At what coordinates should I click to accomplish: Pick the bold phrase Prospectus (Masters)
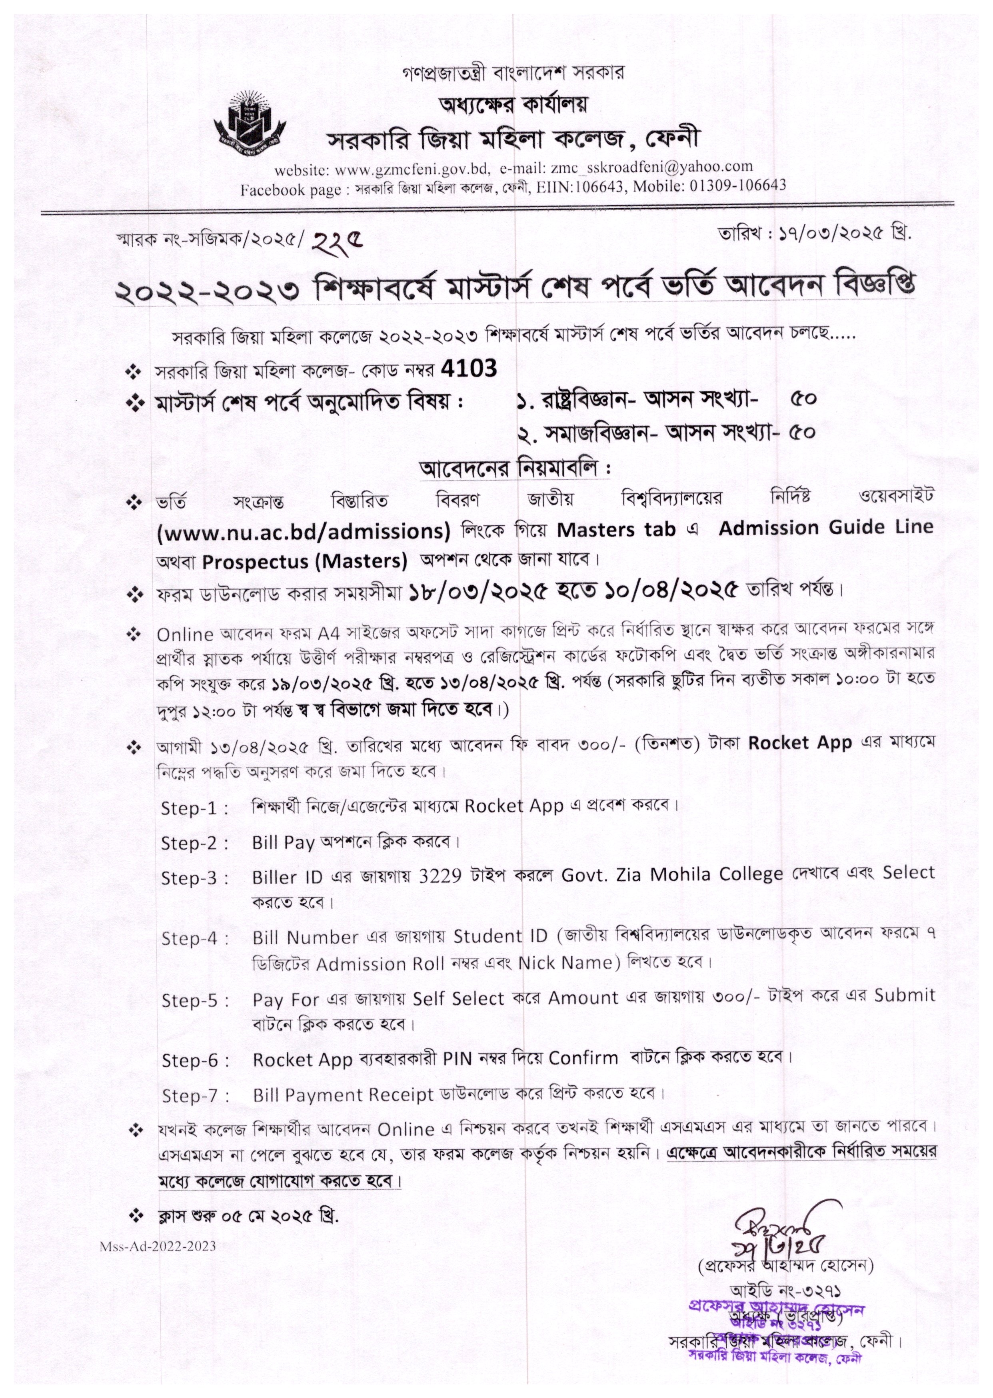click(x=304, y=560)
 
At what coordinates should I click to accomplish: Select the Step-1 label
click(x=194, y=808)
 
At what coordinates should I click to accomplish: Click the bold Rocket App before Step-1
click(x=800, y=743)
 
